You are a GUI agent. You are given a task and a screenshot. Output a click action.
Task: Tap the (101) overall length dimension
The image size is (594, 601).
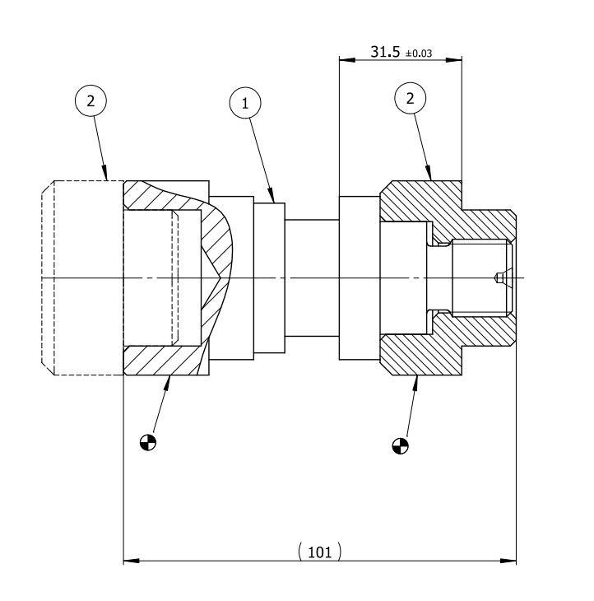319,552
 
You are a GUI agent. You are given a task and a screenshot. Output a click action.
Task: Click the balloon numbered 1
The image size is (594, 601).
244,103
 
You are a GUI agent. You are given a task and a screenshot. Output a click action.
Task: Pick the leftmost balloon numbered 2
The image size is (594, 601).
90,101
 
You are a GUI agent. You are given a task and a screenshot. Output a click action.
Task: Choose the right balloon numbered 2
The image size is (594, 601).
411,99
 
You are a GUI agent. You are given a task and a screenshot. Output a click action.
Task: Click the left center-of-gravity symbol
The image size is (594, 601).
149,441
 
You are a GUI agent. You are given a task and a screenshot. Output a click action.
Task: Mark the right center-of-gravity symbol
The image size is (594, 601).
400,445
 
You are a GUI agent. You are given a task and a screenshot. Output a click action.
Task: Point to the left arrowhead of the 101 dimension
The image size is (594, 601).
129,561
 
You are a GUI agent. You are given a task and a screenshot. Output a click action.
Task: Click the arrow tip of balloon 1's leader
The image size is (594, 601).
274,201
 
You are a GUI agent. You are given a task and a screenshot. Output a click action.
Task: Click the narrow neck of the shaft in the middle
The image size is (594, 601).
311,277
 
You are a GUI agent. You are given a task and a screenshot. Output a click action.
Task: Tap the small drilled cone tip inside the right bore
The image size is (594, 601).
499,277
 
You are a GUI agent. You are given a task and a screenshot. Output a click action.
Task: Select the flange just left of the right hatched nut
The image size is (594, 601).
359,277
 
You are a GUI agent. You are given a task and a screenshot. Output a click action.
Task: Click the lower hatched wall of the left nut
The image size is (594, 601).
165,361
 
